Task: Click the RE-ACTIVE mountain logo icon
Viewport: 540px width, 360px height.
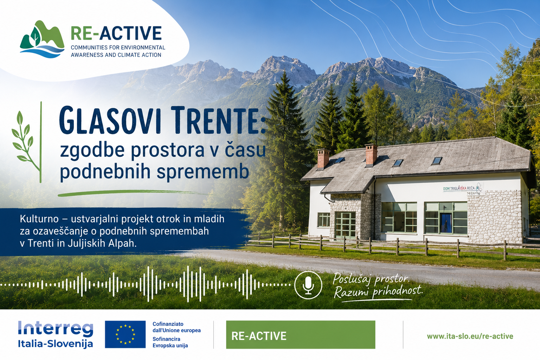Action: [42, 39]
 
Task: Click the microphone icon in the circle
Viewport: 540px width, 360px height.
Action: [308, 285]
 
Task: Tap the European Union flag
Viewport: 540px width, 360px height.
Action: [125, 334]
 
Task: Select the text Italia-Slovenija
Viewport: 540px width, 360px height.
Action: [56, 344]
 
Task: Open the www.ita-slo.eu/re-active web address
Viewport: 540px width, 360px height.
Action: [470, 336]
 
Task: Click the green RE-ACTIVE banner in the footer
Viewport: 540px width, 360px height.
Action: [301, 335]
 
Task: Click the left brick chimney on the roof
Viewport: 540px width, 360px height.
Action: [323, 159]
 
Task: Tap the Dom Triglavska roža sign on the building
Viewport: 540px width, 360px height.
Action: [463, 188]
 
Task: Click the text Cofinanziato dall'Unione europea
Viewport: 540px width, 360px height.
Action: [176, 327]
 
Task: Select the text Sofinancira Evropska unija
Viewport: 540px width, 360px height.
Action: [170, 342]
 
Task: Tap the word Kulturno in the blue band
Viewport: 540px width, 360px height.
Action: [39, 219]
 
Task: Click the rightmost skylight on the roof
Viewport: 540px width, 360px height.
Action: [437, 161]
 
